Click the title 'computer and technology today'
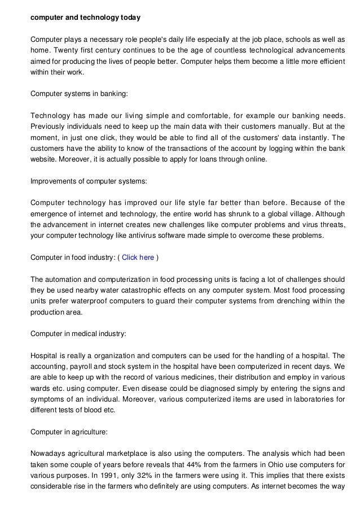85,18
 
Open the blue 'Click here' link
138,258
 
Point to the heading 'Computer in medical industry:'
78,334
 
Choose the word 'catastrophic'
146,290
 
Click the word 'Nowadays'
49,452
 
